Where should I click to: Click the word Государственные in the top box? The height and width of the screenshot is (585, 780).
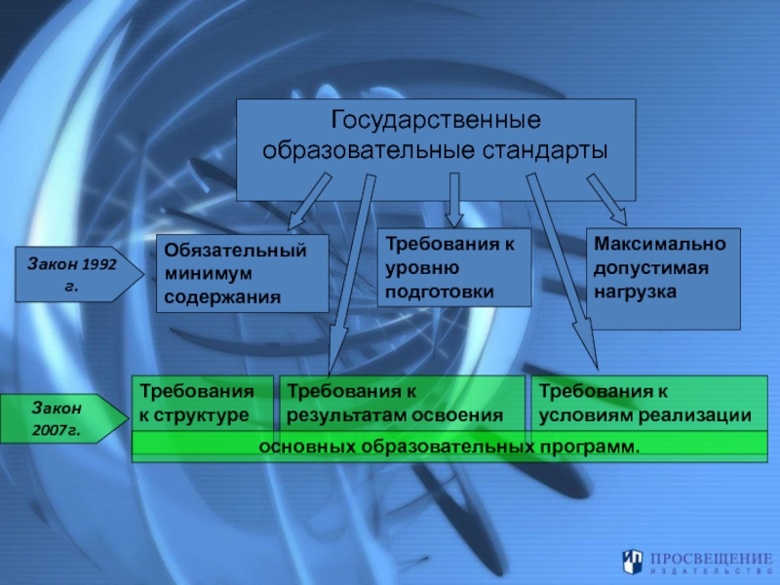[436, 122]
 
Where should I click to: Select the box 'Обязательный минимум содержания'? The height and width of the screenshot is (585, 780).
[243, 273]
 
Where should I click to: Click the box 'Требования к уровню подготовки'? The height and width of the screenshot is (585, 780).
[453, 266]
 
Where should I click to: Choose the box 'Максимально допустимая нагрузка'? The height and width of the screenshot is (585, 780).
[663, 278]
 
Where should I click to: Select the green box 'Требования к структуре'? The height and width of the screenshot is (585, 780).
[203, 403]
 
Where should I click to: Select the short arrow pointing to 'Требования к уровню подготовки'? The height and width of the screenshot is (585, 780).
[453, 201]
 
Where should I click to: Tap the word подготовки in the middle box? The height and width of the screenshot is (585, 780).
[439, 291]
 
